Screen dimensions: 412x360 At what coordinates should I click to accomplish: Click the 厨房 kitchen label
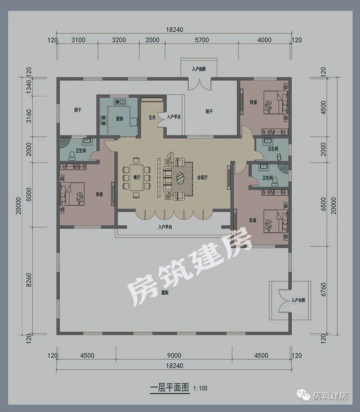119,118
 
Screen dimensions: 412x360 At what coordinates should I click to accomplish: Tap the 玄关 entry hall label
152,117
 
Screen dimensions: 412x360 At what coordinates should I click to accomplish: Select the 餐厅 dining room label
137,178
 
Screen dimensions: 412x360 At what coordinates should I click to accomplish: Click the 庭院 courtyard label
165,293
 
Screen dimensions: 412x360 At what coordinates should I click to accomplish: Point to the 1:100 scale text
200,388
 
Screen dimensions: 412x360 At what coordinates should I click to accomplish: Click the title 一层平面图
169,388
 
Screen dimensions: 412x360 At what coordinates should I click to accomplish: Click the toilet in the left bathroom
72,154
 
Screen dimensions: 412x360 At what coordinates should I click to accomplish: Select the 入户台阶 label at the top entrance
199,69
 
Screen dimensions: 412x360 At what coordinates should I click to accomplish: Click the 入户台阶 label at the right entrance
298,300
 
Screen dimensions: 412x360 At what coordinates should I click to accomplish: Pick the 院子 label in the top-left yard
78,110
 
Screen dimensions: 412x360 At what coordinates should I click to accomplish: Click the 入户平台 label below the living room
165,227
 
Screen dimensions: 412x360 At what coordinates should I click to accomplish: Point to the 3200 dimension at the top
119,40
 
